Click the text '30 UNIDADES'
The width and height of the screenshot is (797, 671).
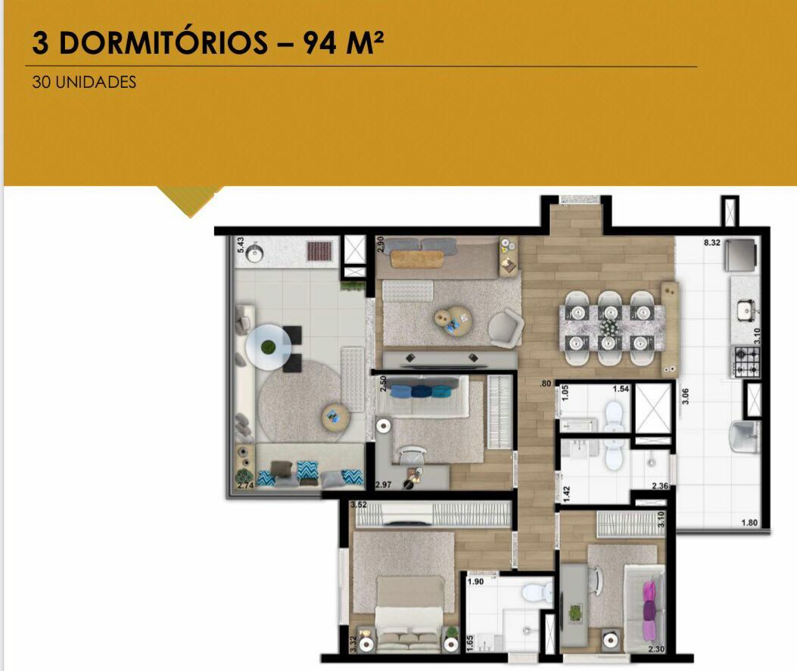[84, 82]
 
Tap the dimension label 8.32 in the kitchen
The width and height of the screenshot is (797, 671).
[711, 243]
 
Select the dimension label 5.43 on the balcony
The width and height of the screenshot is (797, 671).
[241, 245]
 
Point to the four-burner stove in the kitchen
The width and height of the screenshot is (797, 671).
[746, 361]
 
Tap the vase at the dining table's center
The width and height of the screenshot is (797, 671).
[609, 327]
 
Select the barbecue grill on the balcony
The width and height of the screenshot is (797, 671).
[319, 251]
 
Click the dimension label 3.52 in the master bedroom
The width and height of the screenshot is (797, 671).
[358, 505]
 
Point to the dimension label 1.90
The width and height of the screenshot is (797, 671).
[475, 582]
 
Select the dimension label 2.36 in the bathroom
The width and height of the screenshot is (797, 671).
[660, 486]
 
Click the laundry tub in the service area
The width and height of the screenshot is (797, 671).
[743, 436]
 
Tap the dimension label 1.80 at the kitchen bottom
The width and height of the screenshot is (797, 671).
[749, 523]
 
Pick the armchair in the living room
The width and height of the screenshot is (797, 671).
[506, 328]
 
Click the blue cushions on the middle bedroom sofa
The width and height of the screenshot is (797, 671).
[421, 392]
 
